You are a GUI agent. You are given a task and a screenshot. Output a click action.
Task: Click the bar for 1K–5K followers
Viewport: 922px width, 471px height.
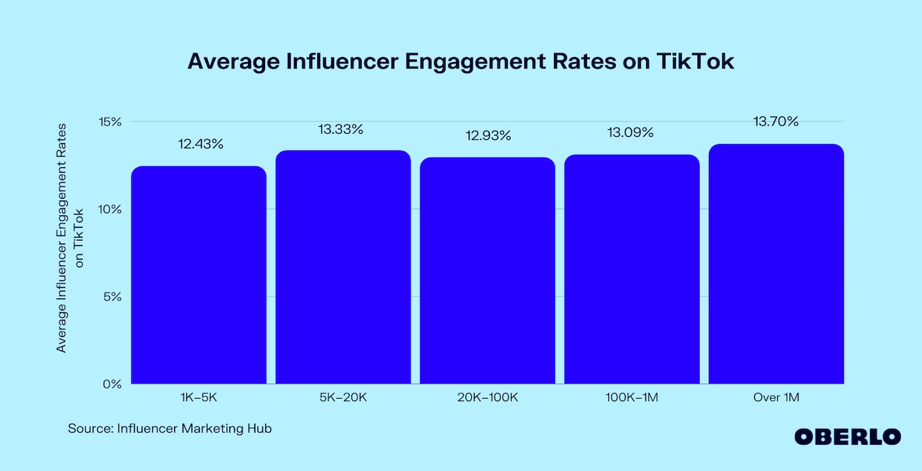coord(198,275)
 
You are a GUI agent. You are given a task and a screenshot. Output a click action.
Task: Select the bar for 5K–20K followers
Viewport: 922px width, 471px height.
coord(343,267)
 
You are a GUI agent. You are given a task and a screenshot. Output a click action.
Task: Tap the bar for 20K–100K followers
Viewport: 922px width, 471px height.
coord(487,271)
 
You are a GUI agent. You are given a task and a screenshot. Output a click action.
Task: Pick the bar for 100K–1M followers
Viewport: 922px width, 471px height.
coord(631,269)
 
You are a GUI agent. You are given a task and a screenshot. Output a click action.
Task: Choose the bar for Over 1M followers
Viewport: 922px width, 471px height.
coord(776,264)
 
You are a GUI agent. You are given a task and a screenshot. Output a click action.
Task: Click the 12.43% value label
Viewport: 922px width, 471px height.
coord(200,144)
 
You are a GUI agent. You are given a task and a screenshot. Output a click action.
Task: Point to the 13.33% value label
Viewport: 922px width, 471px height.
coord(341,129)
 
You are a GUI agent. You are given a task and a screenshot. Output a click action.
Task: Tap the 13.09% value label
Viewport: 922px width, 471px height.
coord(631,132)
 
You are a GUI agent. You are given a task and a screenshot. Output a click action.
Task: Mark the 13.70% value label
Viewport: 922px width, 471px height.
coord(776,122)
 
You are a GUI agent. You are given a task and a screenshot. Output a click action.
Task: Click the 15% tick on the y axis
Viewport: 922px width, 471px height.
coord(109,122)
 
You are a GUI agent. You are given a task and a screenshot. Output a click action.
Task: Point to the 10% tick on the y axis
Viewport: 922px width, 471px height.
coord(109,209)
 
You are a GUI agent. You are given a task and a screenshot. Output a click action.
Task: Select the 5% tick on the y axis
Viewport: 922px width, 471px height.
coord(111,297)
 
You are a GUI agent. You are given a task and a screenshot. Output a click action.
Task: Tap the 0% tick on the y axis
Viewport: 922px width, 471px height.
coord(111,384)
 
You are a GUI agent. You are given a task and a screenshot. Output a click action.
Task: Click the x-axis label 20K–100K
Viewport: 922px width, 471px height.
coord(487,398)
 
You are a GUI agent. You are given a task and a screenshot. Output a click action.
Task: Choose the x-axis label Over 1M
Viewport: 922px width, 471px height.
coord(776,398)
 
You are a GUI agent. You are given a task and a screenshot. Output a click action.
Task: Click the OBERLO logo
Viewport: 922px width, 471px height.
coord(847,437)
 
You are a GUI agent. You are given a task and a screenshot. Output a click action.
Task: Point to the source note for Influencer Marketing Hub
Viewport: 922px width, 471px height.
coord(170,429)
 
